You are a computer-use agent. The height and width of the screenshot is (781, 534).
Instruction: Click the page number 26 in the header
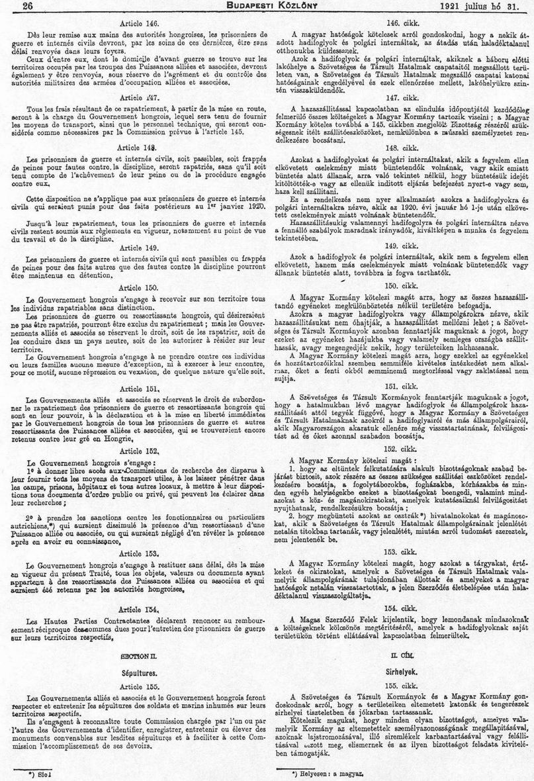pyautogui.click(x=11, y=6)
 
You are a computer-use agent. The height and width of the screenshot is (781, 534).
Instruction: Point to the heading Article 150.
pyautogui.click(x=139, y=269)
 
